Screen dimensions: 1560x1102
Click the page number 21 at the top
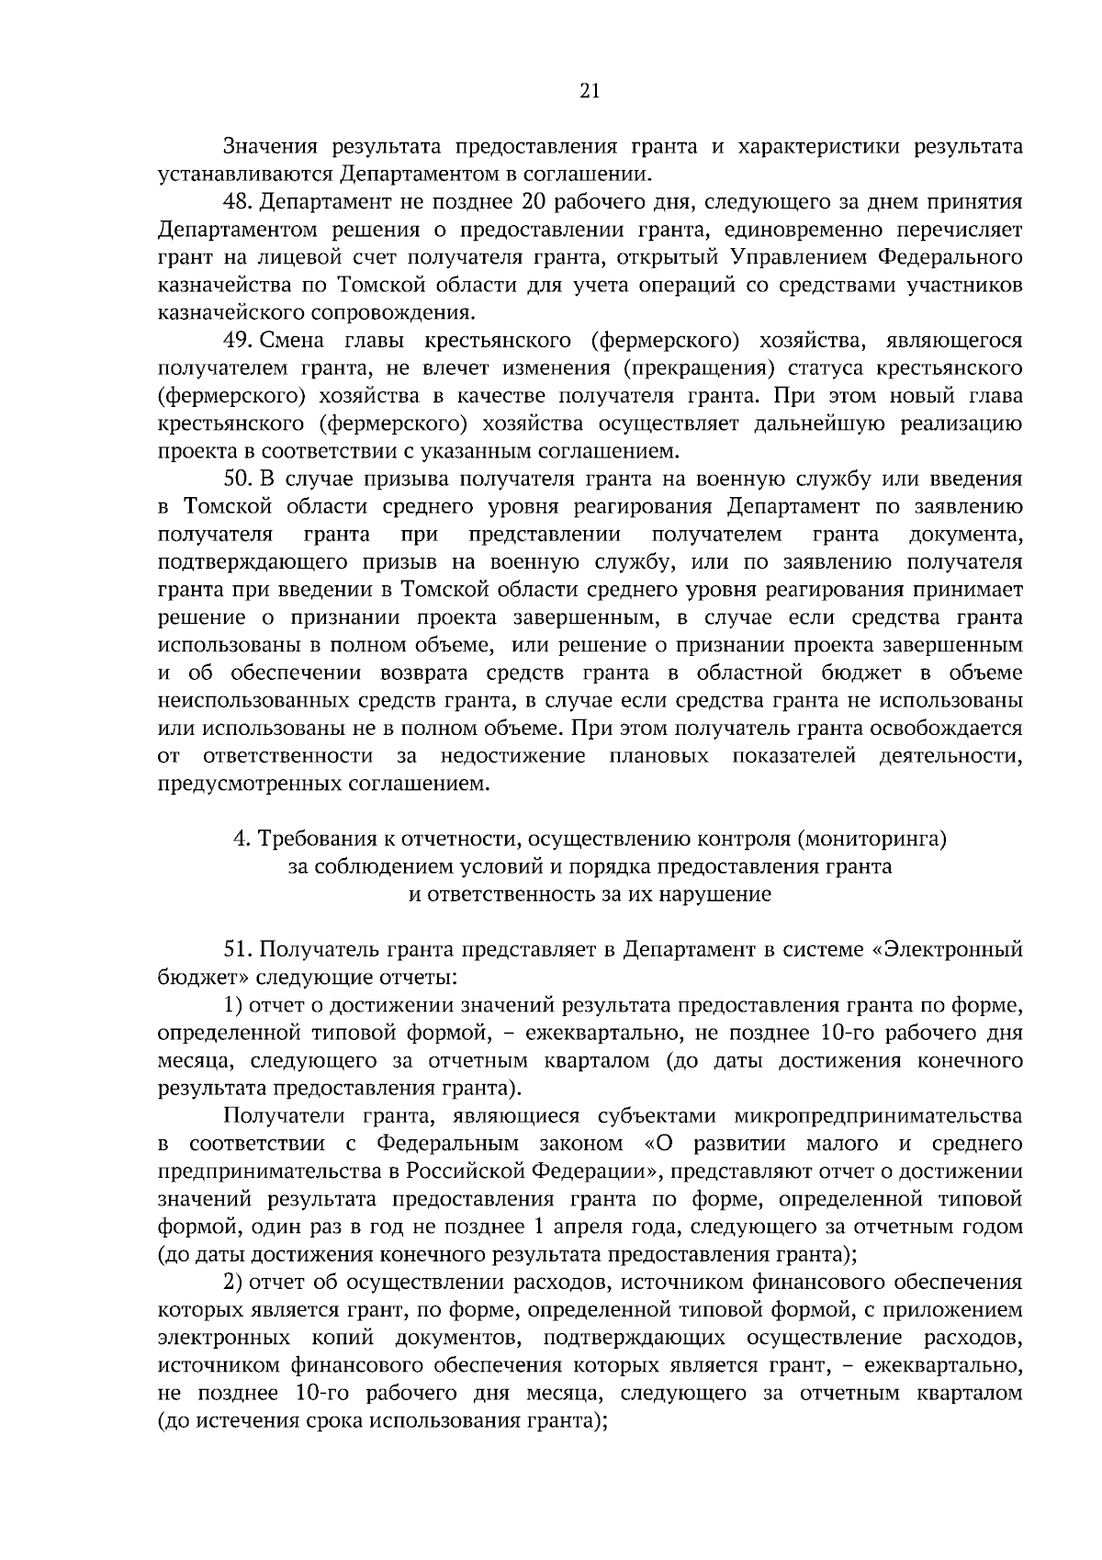pyautogui.click(x=590, y=90)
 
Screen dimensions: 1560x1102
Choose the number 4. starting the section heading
pyautogui.click(x=242, y=838)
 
